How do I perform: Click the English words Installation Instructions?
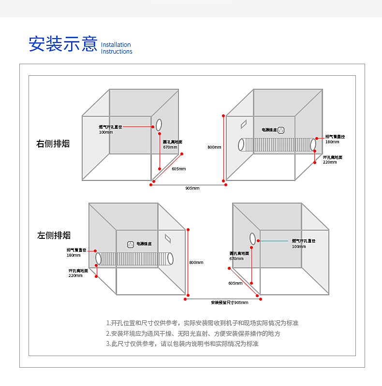coord(117,48)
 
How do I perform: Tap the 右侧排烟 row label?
coord(53,143)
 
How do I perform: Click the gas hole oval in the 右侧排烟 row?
coord(159,124)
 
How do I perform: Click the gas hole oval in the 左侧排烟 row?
coord(252,238)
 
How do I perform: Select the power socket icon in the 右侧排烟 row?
coord(280,130)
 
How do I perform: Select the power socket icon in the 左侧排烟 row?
coord(130,244)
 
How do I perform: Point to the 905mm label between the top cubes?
coord(192,188)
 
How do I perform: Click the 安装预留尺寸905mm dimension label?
coord(229,303)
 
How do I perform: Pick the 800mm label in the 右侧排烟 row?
coord(214,147)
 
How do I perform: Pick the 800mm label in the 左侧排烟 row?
coord(196,262)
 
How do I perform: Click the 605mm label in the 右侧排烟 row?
coord(178,169)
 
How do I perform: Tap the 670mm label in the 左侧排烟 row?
coord(236,259)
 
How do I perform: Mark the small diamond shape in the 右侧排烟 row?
coord(244,124)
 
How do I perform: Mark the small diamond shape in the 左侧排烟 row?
coord(168,238)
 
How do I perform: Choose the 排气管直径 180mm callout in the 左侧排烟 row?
coord(76,252)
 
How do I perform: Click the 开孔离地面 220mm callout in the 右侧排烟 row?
coord(333,160)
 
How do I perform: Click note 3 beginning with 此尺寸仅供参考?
coord(182,344)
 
